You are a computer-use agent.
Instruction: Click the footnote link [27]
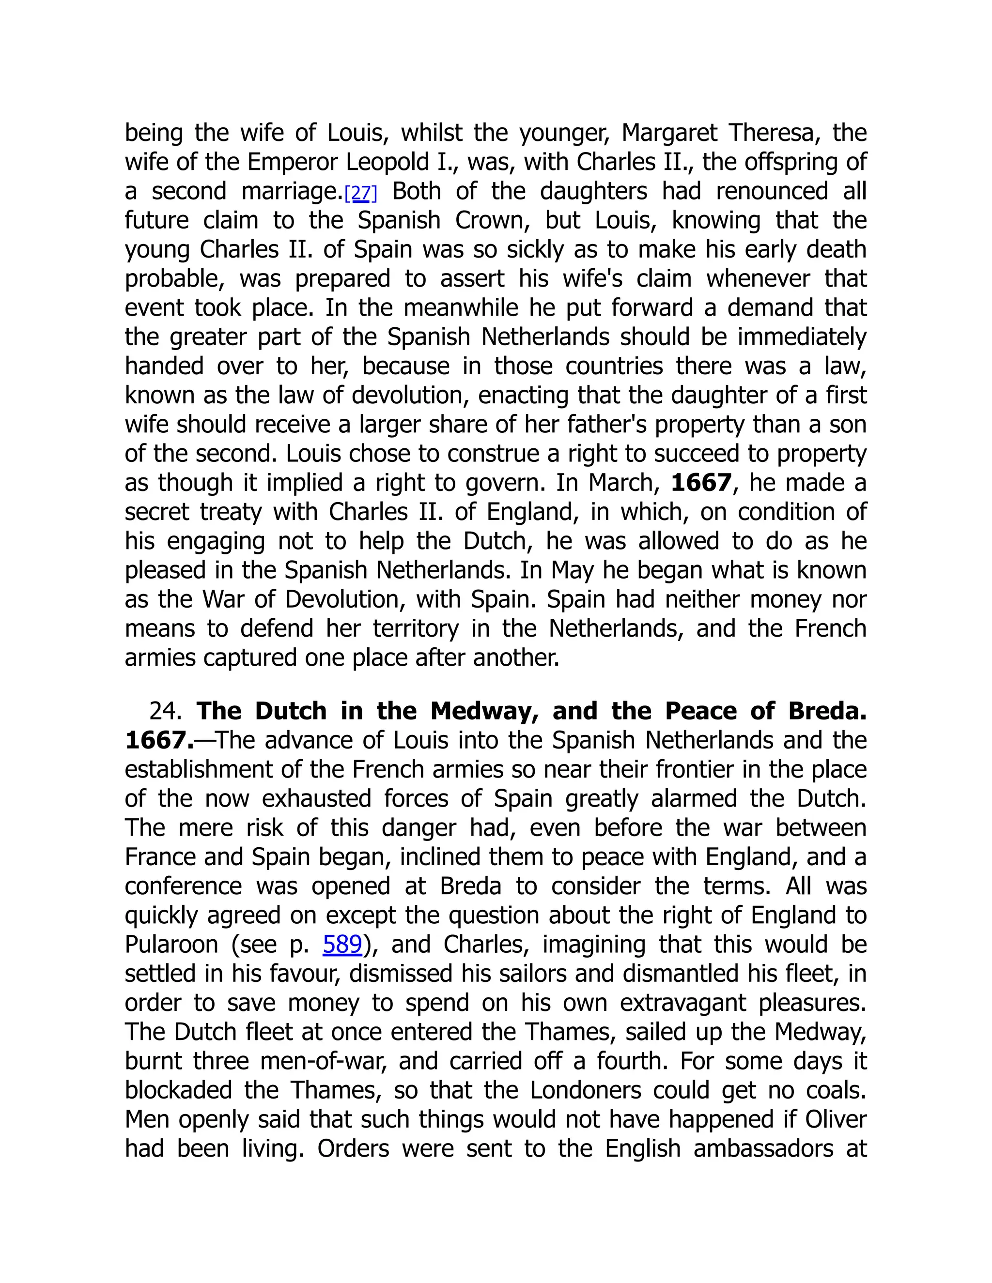360,193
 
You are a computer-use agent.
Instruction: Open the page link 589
342,944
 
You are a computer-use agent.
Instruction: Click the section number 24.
165,711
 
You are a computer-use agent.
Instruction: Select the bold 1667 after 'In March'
700,483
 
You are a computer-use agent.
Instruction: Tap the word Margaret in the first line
669,133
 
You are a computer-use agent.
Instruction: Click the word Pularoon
171,945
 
